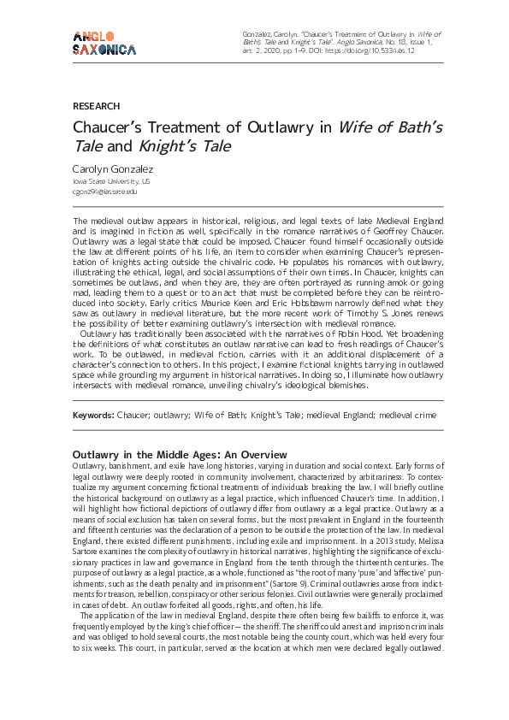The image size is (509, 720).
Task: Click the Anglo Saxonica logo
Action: (x=104, y=42)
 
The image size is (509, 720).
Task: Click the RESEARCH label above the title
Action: (x=97, y=106)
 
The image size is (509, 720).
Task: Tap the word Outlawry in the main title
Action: (x=282, y=128)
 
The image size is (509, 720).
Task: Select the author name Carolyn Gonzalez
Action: (x=114, y=169)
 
